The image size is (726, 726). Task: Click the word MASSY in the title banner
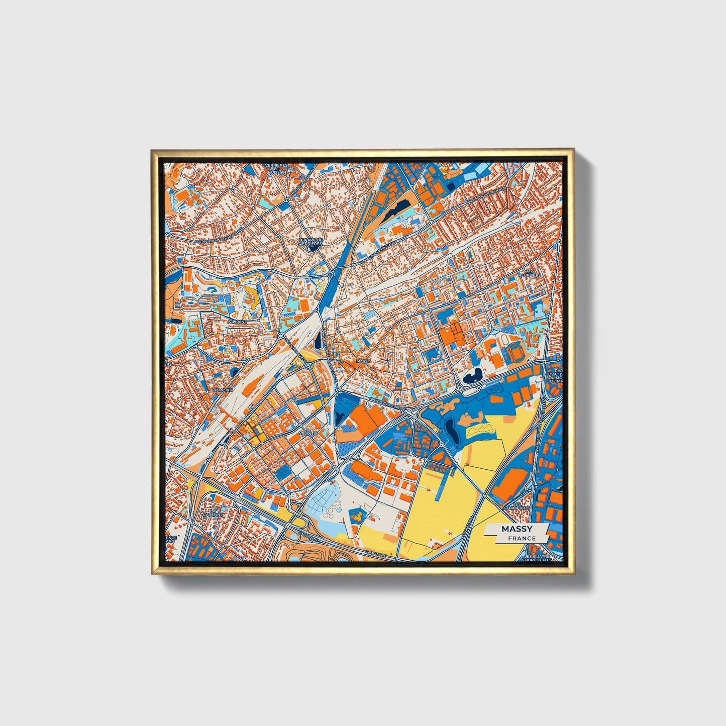pos(517,529)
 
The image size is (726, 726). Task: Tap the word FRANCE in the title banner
pos(522,538)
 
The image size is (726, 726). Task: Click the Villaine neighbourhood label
pos(237,321)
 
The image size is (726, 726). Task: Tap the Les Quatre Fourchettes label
pos(538,558)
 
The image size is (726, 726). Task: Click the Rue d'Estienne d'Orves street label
pos(215,237)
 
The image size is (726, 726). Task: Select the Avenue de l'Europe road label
pos(387,403)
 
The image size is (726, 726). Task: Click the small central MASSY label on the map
pos(362,361)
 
